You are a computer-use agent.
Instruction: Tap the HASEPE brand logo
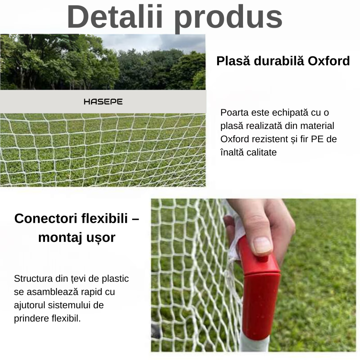click(x=103, y=102)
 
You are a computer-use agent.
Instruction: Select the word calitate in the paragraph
click(x=262, y=152)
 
